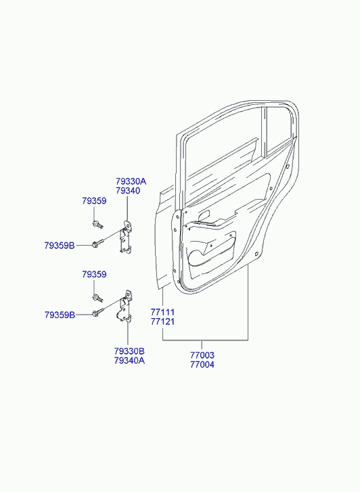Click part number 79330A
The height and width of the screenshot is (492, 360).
[131, 181]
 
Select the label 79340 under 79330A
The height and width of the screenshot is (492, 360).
[128, 191]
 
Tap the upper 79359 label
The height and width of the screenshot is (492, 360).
[94, 201]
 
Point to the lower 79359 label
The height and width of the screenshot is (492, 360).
[94, 274]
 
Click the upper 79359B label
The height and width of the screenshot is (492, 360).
[60, 246]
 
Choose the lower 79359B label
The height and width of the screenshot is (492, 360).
[60, 315]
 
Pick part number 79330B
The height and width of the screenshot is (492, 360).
[129, 351]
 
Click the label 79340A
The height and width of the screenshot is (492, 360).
[129, 360]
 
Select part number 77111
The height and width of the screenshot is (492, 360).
[162, 312]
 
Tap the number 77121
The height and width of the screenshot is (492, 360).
[162, 321]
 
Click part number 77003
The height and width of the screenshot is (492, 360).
[202, 355]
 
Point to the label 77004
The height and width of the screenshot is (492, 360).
[202, 365]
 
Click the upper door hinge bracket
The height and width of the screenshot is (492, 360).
[127, 237]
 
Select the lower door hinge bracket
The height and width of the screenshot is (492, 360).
[126, 307]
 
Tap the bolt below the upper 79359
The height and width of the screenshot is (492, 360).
[97, 225]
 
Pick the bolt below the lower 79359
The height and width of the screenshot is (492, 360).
[97, 297]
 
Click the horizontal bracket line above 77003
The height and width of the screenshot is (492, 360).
[205, 340]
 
